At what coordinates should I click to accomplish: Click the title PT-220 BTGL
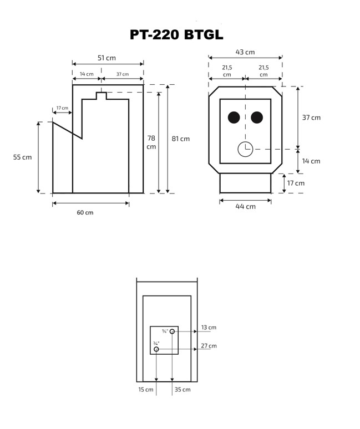(176, 35)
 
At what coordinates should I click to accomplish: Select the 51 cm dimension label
(107, 58)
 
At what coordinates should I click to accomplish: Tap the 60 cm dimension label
(85, 213)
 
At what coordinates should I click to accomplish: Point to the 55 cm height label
(23, 157)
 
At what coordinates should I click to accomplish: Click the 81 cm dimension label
(181, 139)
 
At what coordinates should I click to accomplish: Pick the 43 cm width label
(245, 52)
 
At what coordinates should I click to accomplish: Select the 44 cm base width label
(246, 206)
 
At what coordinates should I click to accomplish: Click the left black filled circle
(234, 118)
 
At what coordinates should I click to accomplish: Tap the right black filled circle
(257, 118)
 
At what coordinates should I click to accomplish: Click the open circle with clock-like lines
(245, 149)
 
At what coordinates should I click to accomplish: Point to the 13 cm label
(209, 328)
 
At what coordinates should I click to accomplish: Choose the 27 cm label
(209, 346)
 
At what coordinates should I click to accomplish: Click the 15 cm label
(146, 390)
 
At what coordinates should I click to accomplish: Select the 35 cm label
(182, 390)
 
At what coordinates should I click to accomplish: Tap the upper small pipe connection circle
(173, 331)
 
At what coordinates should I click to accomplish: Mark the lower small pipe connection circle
(156, 349)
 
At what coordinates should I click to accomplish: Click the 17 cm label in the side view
(62, 108)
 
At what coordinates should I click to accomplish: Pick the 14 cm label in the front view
(311, 161)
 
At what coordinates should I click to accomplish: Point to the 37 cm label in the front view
(311, 118)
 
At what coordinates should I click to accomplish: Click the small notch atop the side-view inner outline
(101, 95)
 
